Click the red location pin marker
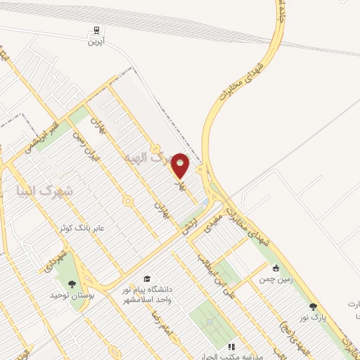tap(181, 166)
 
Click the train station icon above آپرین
tap(95, 31)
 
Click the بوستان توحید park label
tap(72, 296)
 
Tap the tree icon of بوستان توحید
tap(72, 285)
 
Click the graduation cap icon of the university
tap(147, 279)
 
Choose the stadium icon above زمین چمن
tap(276, 268)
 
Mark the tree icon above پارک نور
tap(313, 307)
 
